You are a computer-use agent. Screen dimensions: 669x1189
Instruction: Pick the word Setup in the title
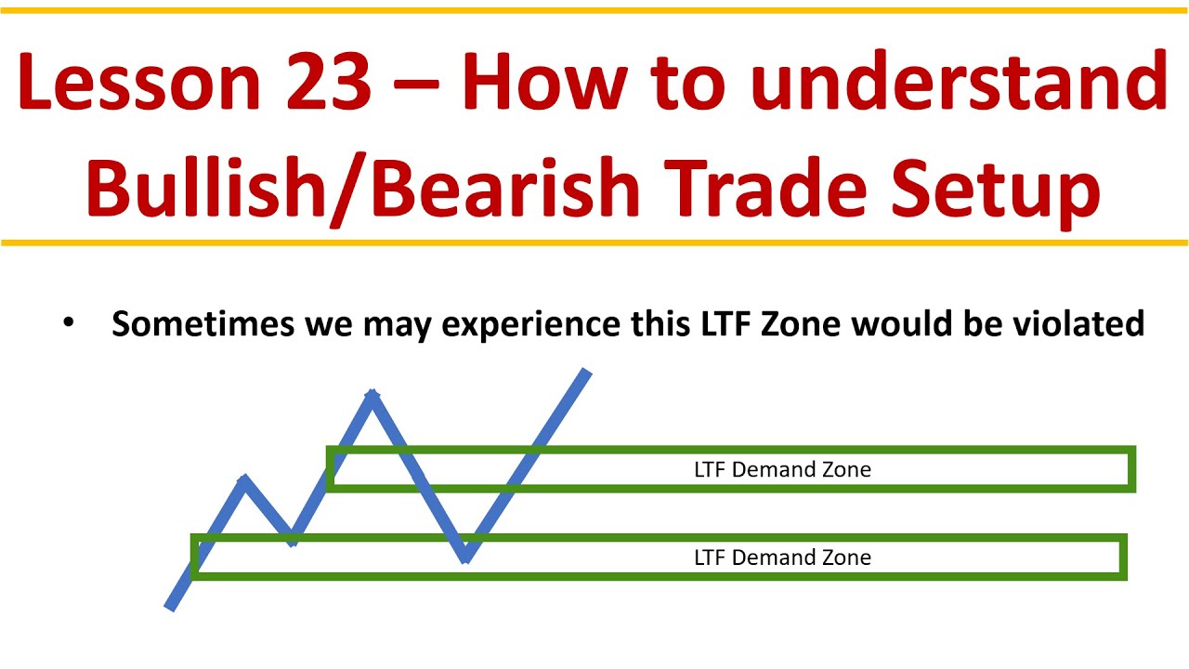click(x=1000, y=188)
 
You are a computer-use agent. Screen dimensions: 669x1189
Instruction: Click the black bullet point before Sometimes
click(x=67, y=322)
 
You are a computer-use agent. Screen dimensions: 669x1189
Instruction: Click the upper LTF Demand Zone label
click(x=782, y=470)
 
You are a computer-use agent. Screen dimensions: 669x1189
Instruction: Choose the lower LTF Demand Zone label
click(x=782, y=557)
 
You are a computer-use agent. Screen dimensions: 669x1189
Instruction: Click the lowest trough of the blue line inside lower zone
click(x=465, y=558)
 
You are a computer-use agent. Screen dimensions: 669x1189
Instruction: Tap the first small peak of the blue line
click(x=244, y=479)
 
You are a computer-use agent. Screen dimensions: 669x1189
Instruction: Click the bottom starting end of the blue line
click(x=169, y=608)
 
